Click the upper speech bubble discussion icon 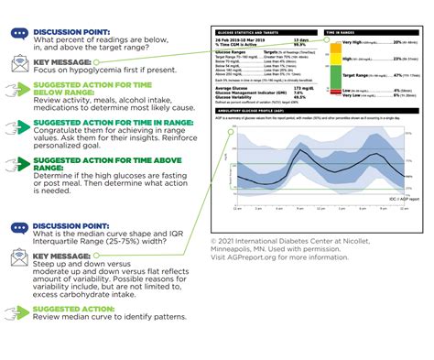(18, 33)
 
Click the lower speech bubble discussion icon (18, 227)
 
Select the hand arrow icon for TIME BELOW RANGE (18, 93)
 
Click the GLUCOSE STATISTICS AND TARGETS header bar (266, 31)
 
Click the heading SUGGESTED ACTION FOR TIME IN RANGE (101, 125)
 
